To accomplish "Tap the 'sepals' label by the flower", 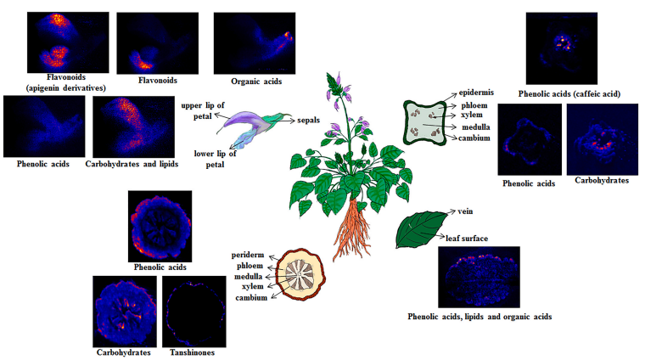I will [x=307, y=121].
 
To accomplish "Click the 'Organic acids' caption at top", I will [x=256, y=82].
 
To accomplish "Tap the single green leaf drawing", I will [x=419, y=230].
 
